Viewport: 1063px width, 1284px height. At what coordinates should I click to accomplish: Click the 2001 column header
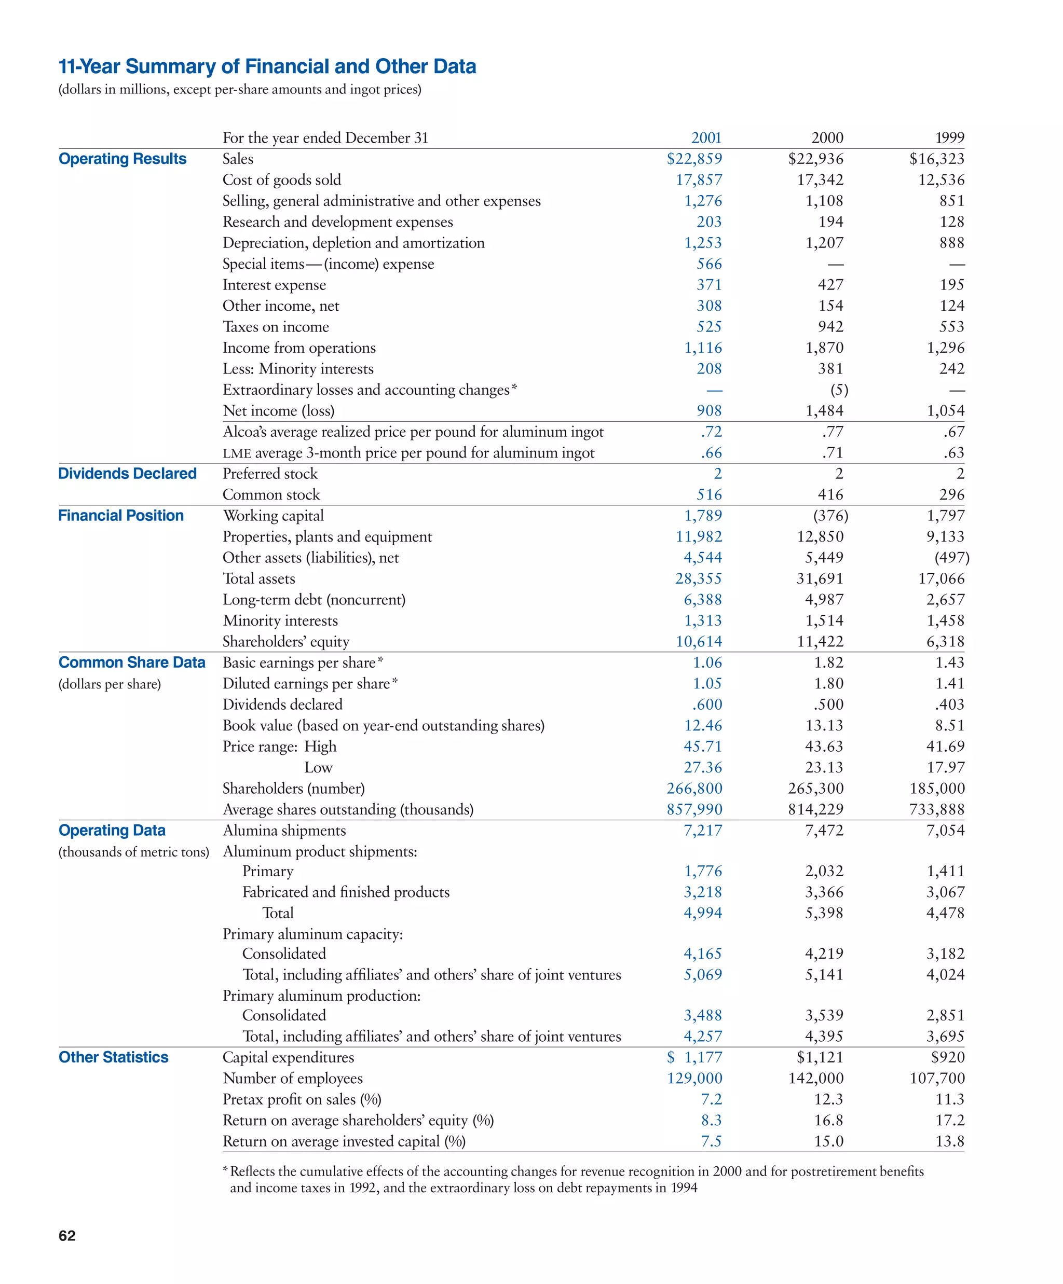706,137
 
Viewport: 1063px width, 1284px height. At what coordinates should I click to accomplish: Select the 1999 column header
949,137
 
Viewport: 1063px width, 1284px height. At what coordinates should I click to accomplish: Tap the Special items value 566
709,264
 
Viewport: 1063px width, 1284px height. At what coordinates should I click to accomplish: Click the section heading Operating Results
122,159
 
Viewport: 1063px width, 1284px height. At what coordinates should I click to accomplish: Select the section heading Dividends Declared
127,474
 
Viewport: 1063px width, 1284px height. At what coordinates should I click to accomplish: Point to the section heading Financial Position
120,516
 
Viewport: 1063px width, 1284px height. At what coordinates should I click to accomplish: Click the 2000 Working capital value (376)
830,516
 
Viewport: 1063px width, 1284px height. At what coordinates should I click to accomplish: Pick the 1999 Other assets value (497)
952,558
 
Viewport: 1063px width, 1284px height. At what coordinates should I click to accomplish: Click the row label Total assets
258,579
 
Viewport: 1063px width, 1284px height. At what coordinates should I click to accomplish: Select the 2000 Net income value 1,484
824,411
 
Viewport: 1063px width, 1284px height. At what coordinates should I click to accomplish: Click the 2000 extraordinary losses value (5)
839,390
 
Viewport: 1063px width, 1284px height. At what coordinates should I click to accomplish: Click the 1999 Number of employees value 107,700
937,1079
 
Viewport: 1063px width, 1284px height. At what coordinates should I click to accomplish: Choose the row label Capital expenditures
288,1058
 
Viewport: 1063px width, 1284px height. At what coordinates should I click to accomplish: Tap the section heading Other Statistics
113,1058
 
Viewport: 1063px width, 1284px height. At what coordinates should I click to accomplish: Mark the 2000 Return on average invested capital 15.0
828,1141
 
